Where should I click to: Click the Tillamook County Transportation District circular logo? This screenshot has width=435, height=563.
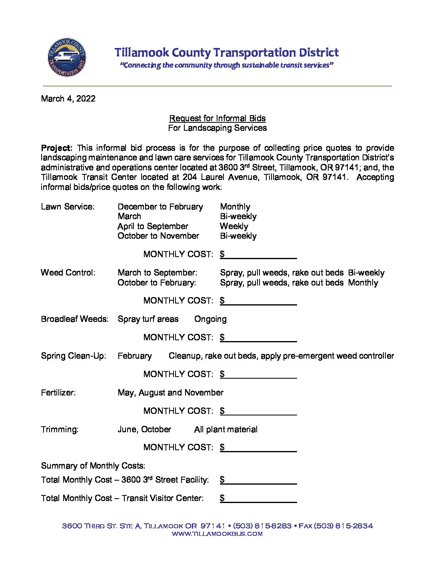[67, 57]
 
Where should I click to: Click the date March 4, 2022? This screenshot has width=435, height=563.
[68, 99]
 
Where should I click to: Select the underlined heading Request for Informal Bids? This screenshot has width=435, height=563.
[217, 118]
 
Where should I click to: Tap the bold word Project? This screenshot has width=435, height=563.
[56, 148]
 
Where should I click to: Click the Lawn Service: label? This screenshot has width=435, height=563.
[68, 207]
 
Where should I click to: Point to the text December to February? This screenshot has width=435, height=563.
[160, 207]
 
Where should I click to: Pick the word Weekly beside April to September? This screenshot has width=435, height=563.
[234, 226]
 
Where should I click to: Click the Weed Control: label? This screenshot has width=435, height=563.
[68, 273]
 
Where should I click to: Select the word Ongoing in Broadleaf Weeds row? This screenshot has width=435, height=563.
[210, 319]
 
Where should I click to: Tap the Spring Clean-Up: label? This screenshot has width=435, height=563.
[74, 356]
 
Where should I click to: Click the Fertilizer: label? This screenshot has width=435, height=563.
[58, 393]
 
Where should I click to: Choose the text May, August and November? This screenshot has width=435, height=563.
[170, 393]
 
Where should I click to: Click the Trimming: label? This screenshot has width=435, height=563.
[60, 429]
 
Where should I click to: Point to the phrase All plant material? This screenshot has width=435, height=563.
[225, 429]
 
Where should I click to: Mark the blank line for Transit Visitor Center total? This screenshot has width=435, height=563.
[261, 499]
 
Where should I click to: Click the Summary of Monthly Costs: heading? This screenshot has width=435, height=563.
[93, 466]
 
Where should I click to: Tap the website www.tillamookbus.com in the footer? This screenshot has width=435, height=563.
[217, 534]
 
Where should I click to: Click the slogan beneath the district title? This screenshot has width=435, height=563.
[227, 65]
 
